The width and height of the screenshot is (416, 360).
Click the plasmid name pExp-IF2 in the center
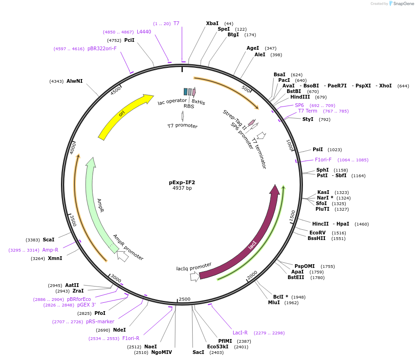point(182,182)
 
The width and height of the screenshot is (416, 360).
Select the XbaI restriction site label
point(212,23)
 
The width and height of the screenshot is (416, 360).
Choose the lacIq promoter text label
point(194,268)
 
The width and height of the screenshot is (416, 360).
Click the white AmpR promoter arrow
point(123,255)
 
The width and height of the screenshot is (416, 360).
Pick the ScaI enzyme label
point(48,240)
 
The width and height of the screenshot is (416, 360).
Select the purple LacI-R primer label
point(240,333)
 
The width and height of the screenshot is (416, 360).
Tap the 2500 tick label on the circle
point(185,299)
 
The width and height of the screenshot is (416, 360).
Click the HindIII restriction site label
point(300,97)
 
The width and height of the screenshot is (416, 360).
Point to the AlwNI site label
point(74,81)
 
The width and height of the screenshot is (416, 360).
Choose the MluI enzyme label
point(274,302)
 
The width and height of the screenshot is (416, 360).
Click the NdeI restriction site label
point(120,330)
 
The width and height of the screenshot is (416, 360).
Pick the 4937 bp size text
point(182,188)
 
